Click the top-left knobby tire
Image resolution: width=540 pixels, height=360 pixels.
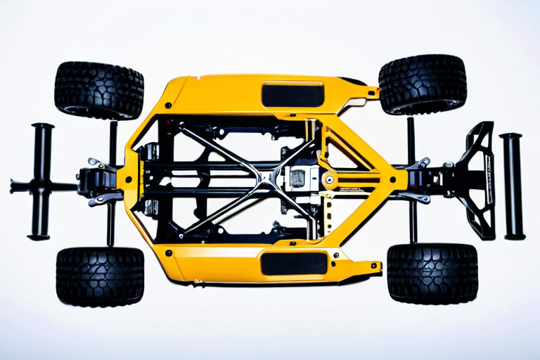[98, 90]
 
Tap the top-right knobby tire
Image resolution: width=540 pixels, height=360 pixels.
[423, 84]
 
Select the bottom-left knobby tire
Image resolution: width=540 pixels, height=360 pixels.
[100, 276]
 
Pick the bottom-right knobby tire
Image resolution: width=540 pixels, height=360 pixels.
[432, 273]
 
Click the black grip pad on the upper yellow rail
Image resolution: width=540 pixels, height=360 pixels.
[292, 94]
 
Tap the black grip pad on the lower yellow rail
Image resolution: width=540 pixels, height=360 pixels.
[294, 263]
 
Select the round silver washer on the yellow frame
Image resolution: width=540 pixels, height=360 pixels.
[329, 179]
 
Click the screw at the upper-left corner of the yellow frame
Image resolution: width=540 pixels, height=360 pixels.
[168, 105]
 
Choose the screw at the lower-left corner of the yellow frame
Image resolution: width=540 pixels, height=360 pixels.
[169, 250]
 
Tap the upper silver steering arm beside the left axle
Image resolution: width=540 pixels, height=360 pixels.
[101, 166]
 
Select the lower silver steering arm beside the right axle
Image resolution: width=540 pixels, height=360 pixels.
[420, 198]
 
